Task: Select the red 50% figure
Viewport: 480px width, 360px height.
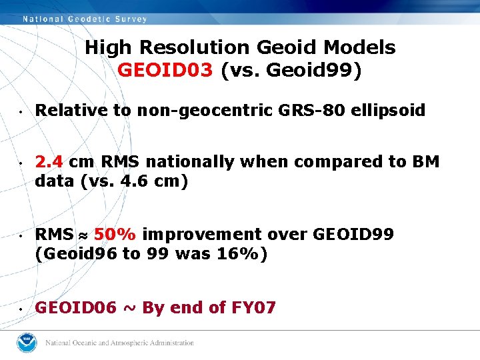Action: coord(115,235)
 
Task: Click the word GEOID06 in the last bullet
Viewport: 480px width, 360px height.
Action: coord(75,308)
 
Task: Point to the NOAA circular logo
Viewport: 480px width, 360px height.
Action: coord(28,343)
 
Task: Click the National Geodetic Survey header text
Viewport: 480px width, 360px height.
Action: coord(85,19)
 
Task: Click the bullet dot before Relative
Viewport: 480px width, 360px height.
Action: coord(21,111)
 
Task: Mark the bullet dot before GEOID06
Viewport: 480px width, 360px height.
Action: coord(21,309)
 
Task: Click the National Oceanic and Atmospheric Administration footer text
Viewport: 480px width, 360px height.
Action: coord(119,343)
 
